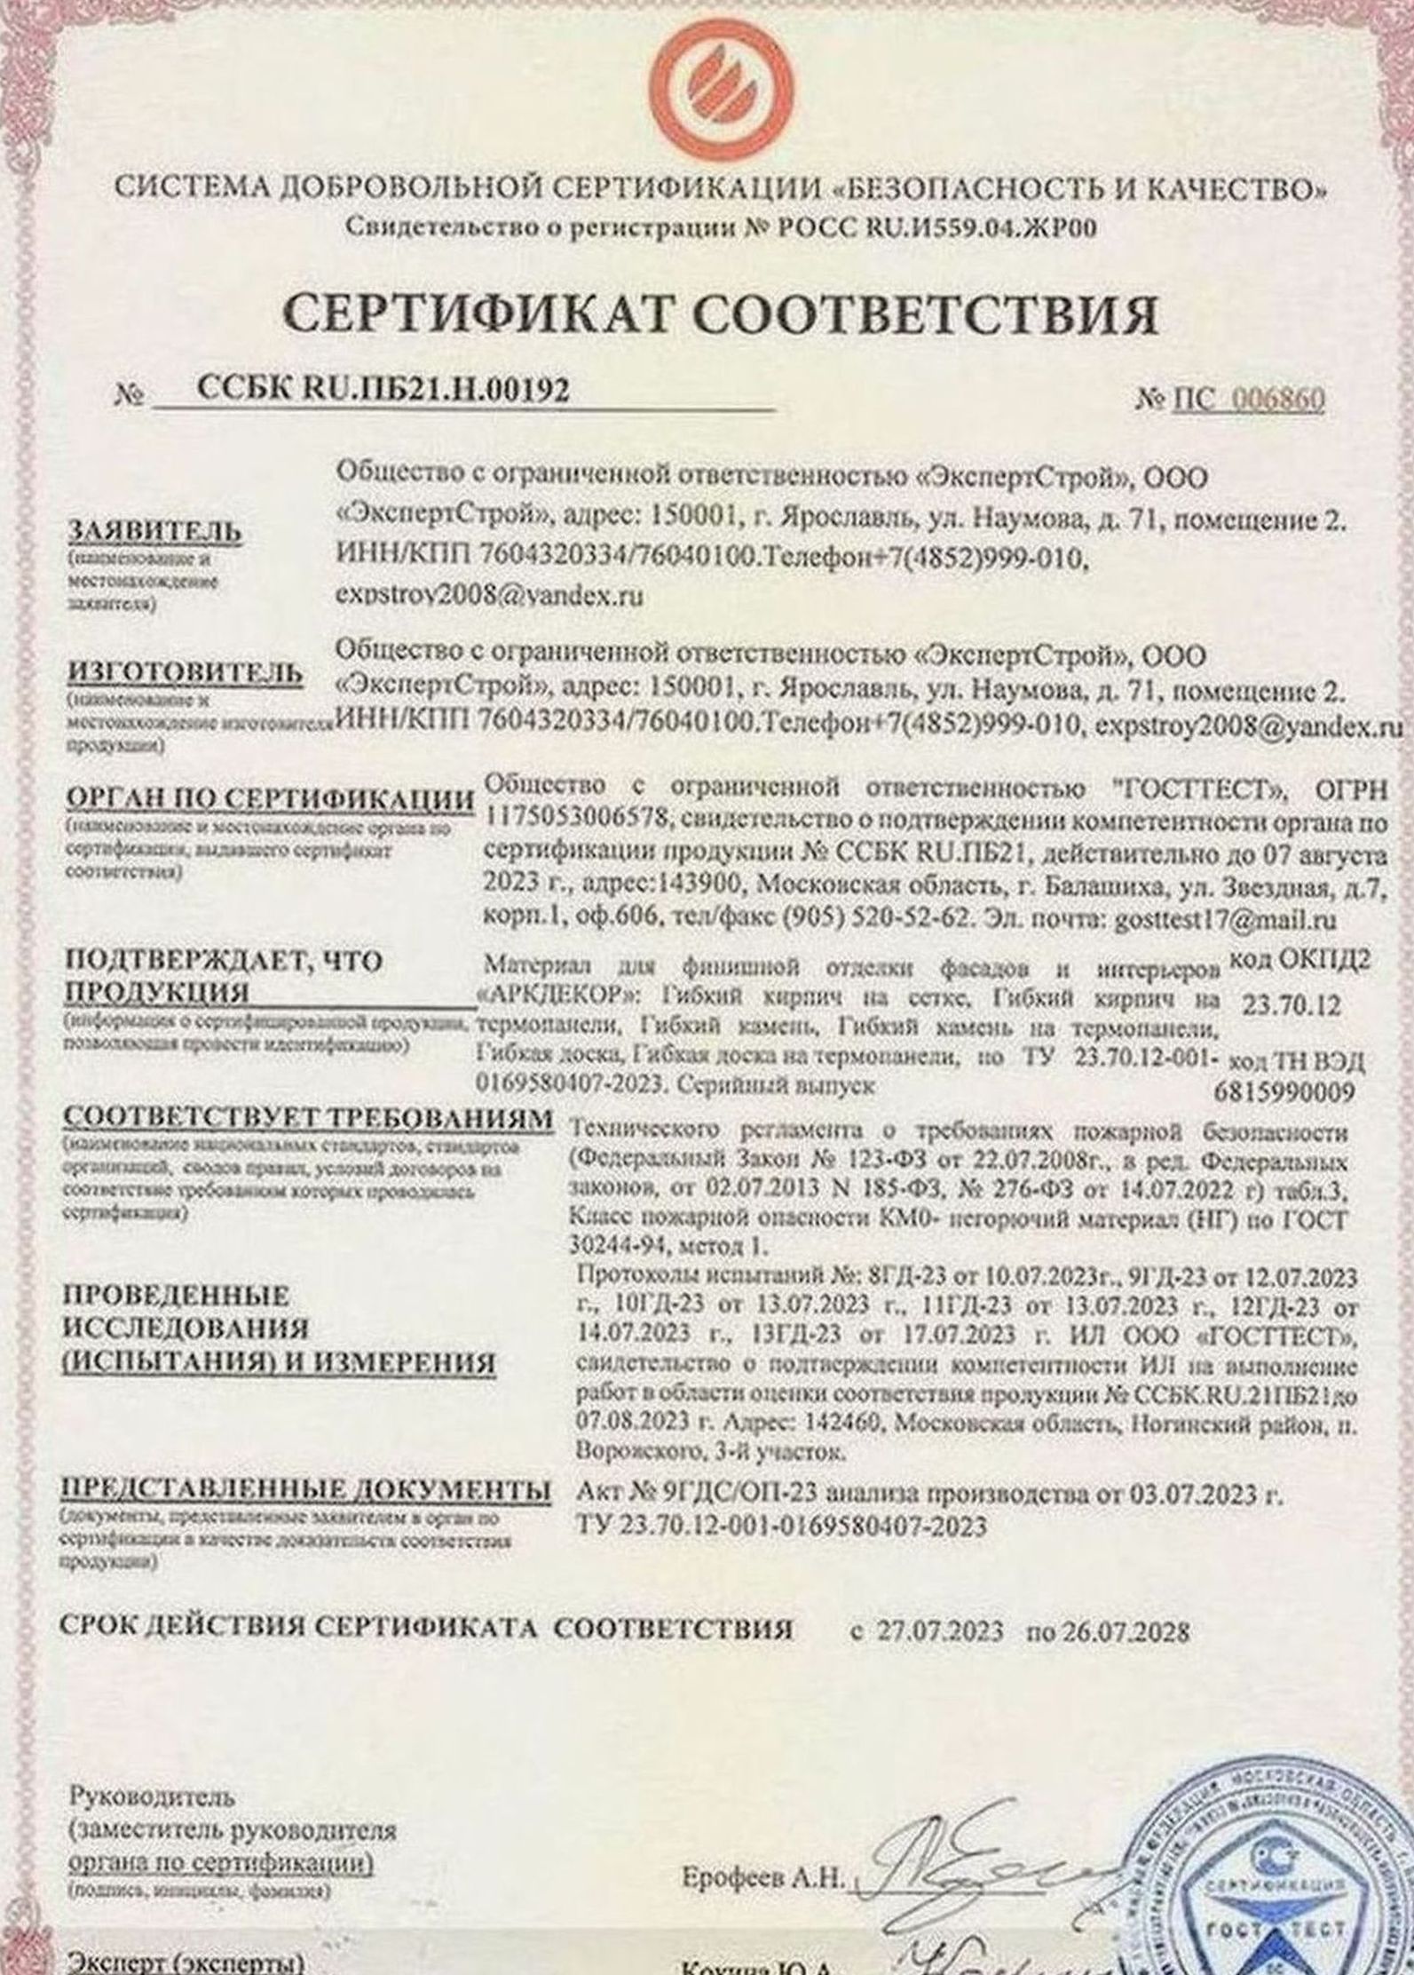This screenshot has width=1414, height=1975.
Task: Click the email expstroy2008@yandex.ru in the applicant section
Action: [x=488, y=596]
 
